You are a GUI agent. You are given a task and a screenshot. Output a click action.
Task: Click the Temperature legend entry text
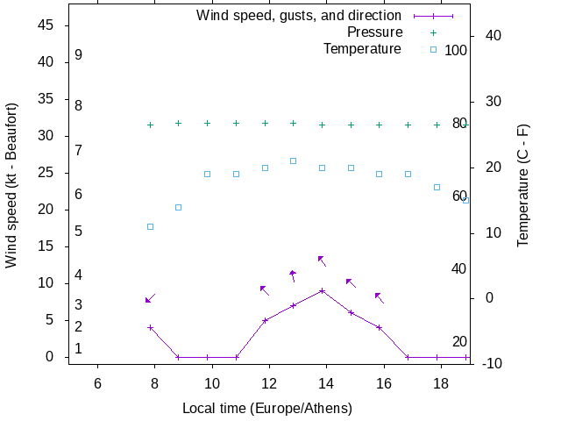(362, 49)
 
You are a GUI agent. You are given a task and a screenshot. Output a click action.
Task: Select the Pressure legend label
(374, 32)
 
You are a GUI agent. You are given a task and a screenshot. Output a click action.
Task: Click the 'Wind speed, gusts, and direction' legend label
(298, 16)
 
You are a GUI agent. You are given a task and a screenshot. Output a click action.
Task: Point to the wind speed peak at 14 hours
(322, 290)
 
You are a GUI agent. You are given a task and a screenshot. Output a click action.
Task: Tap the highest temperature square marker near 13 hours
(293, 161)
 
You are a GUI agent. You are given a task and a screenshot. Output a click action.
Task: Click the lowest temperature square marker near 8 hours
(150, 226)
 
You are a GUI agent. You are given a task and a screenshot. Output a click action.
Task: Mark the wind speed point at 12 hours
(265, 320)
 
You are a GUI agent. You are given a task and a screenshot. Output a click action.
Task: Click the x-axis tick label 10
(211, 383)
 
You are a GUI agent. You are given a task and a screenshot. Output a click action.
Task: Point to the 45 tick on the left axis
(47, 25)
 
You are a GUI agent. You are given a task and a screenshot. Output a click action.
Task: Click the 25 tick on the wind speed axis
(47, 173)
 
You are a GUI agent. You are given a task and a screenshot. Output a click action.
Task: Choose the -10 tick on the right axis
(491, 363)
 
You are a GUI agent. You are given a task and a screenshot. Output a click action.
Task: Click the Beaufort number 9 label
(79, 55)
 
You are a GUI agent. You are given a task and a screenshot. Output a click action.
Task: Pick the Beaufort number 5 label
(79, 232)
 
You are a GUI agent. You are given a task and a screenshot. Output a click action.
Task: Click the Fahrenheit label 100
(456, 50)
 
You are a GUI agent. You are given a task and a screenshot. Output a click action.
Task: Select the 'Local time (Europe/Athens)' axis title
(266, 409)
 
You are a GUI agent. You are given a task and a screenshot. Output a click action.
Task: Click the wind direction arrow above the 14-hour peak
(322, 260)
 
